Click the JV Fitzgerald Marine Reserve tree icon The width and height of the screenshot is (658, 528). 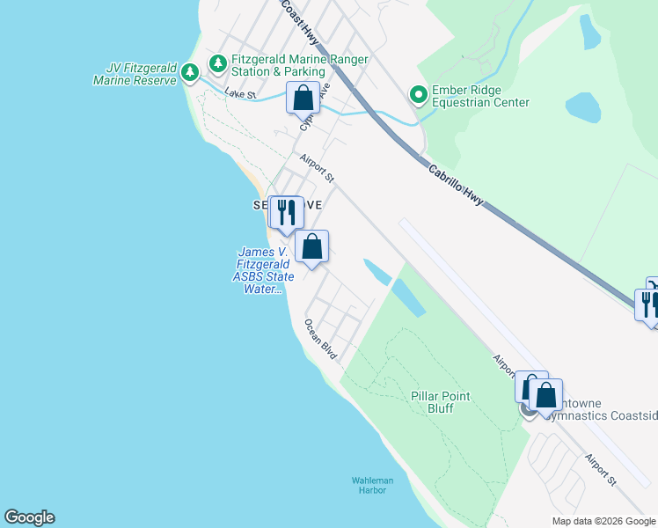click(189, 77)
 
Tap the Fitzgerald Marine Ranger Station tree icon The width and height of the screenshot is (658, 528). click(217, 64)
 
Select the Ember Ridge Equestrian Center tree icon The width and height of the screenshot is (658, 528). click(418, 93)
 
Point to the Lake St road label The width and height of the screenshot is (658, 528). click(239, 92)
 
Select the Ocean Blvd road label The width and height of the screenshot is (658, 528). click(321, 338)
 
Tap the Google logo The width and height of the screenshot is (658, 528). click(29, 517)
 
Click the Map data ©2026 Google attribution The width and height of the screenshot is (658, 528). click(603, 521)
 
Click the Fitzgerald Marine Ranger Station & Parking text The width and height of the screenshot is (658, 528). click(299, 65)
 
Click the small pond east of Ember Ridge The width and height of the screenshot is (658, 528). click(583, 106)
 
